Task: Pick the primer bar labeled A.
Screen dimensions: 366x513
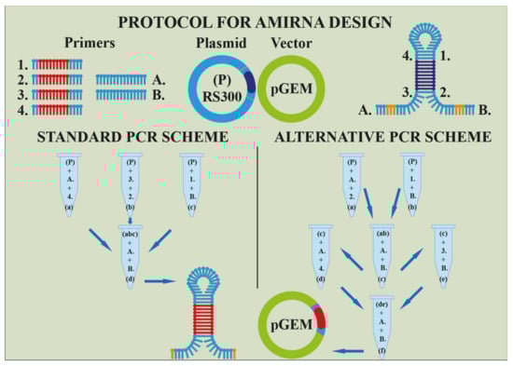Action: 119,81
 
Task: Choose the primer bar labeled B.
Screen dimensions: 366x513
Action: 119,95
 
